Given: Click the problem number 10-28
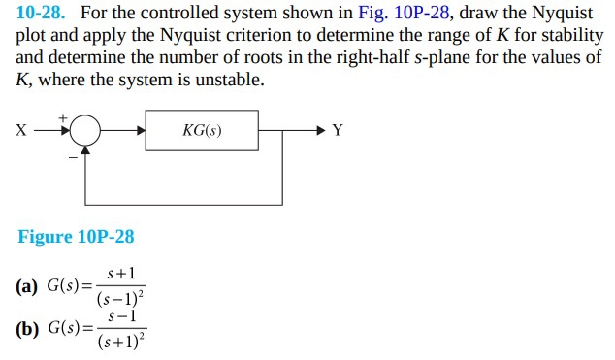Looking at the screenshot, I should click(43, 14).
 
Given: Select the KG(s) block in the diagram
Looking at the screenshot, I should click(202, 130).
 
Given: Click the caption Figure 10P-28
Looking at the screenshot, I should click(76, 237).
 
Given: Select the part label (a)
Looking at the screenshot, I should click(27, 286).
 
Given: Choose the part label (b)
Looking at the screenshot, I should click(27, 328).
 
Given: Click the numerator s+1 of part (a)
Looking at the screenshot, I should click(121, 277).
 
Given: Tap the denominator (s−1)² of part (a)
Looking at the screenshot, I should click(121, 299).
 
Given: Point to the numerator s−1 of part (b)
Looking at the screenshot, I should click(121, 317).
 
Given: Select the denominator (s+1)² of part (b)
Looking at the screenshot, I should click(121, 341).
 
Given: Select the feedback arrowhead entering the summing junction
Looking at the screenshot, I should click(85, 150).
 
